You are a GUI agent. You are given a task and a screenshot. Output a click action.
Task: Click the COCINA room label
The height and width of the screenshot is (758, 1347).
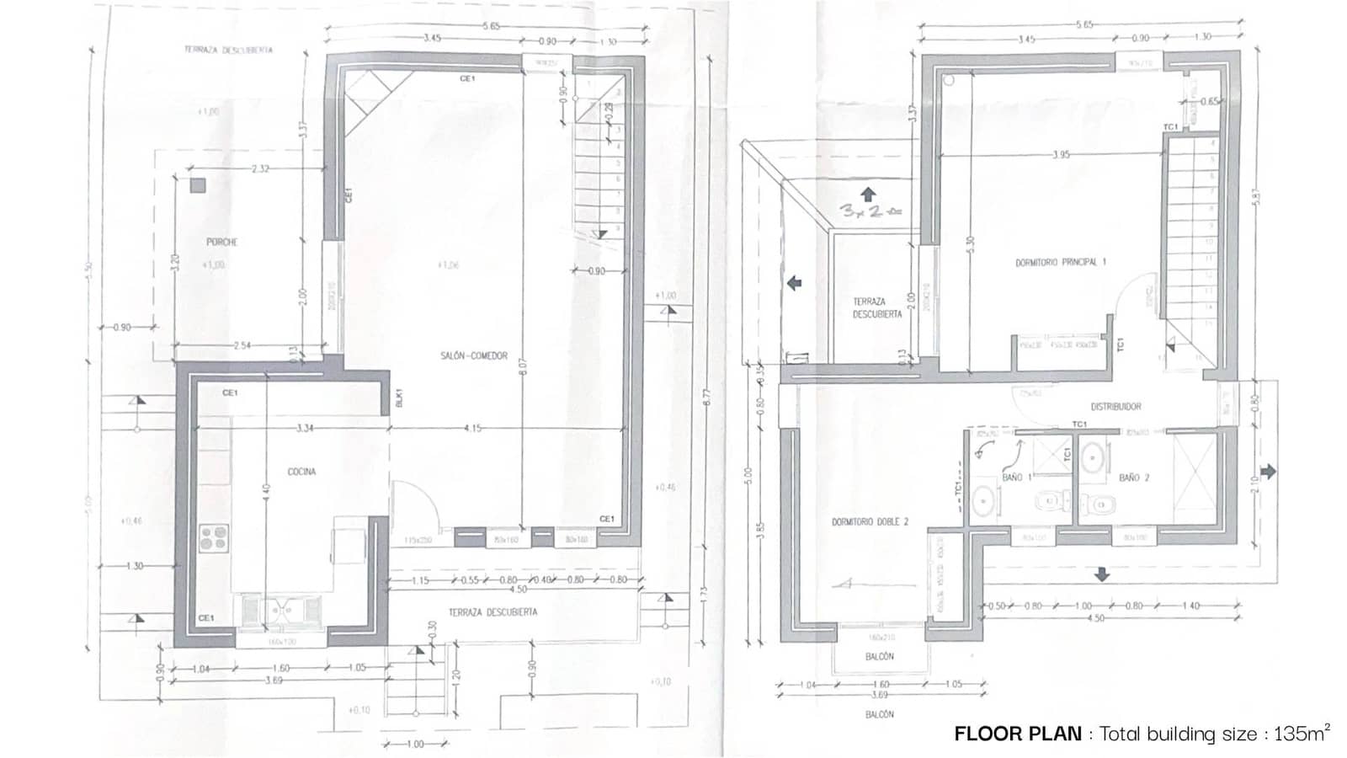(x=301, y=472)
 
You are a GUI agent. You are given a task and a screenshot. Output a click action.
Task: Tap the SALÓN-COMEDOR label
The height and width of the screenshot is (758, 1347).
(x=474, y=356)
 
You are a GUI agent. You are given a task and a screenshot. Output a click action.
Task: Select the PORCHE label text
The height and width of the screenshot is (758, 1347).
(x=221, y=243)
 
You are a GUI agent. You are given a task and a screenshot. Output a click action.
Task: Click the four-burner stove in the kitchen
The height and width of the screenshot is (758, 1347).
(x=214, y=538)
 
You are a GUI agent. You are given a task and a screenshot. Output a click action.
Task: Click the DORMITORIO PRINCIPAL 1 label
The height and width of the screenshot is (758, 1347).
(x=1061, y=263)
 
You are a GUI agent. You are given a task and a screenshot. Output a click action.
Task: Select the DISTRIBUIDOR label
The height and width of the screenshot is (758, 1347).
(x=1116, y=407)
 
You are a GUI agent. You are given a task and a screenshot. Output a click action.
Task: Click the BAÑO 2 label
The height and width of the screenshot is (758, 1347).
(x=1134, y=478)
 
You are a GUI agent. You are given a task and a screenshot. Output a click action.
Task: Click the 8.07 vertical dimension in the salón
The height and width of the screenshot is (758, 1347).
(x=523, y=368)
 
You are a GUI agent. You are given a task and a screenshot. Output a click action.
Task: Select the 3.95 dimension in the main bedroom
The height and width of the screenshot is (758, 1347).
(x=1061, y=155)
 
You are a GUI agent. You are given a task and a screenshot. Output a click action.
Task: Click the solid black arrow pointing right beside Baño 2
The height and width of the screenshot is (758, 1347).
(x=1268, y=471)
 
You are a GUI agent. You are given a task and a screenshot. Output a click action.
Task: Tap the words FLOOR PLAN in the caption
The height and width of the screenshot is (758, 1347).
(x=1017, y=734)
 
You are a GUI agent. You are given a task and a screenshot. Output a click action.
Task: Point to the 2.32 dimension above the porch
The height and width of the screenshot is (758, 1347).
(x=260, y=169)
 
